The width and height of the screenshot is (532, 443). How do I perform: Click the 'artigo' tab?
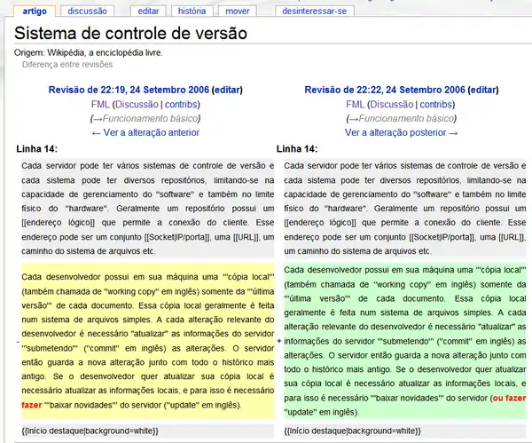[35, 12]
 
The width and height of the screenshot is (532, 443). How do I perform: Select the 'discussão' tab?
[87, 12]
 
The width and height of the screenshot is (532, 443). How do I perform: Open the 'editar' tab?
[148, 12]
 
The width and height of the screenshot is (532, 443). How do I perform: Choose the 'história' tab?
[192, 12]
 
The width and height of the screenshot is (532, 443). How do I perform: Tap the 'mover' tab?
[237, 12]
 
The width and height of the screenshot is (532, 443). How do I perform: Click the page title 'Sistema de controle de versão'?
[130, 36]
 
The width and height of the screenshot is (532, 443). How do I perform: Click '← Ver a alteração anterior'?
[145, 132]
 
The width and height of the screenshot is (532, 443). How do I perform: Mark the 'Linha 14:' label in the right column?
[297, 149]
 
